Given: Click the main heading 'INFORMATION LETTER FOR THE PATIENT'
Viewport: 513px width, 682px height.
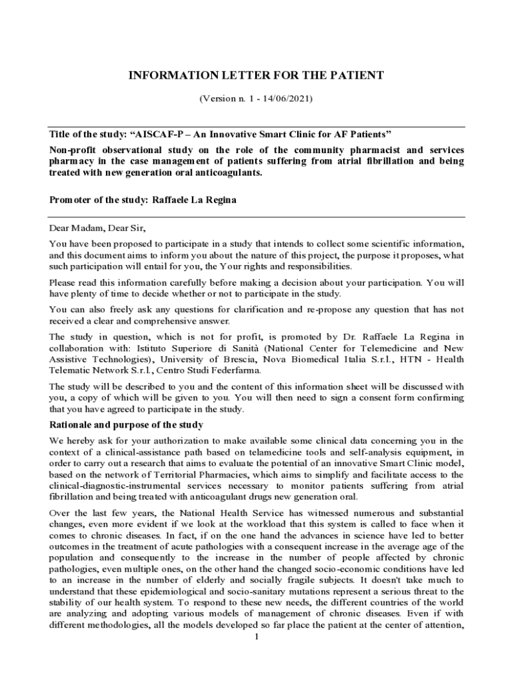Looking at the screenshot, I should tap(256, 75).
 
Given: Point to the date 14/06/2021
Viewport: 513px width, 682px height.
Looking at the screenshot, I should tap(287, 99).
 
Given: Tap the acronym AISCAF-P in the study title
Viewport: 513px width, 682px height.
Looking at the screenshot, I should tap(162, 133).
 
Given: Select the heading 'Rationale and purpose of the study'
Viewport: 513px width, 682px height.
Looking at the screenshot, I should tap(127, 425).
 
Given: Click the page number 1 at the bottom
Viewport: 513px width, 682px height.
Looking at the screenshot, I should tap(256, 637).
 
